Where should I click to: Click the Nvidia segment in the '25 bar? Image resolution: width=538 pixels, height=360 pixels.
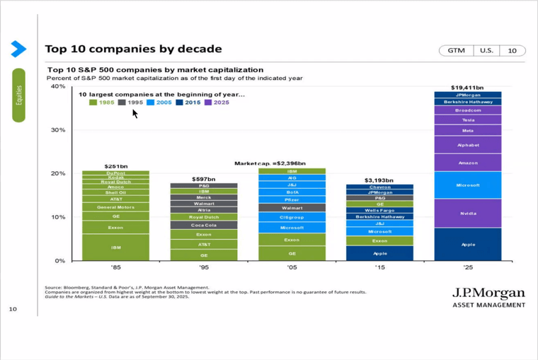(x=468, y=213)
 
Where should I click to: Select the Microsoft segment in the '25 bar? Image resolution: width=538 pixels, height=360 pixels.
(x=468, y=185)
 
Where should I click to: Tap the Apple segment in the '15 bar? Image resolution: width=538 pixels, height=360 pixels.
(x=380, y=253)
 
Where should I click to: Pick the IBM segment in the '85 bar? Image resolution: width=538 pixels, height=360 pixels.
(x=115, y=248)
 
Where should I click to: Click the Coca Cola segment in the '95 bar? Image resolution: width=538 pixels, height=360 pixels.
(x=204, y=225)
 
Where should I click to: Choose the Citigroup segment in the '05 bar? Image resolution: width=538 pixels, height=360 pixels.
(x=292, y=217)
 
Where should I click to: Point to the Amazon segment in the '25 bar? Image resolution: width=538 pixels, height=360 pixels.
(x=468, y=163)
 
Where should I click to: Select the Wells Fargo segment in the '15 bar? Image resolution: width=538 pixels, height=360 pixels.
(x=380, y=210)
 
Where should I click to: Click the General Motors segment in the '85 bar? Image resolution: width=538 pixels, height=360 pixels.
(x=115, y=207)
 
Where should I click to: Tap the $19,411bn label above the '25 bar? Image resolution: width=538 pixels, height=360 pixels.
(x=467, y=88)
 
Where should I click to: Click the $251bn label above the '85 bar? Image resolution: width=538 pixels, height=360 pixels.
(x=115, y=166)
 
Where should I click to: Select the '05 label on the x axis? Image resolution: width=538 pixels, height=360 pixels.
(x=292, y=268)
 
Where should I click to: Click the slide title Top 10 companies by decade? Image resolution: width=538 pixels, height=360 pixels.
(x=133, y=50)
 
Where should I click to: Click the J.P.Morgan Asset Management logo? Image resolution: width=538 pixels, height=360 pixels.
(x=488, y=297)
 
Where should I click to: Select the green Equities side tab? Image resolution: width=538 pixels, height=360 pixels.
(x=18, y=95)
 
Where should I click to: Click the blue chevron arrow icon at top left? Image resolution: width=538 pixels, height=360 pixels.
(x=18, y=48)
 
